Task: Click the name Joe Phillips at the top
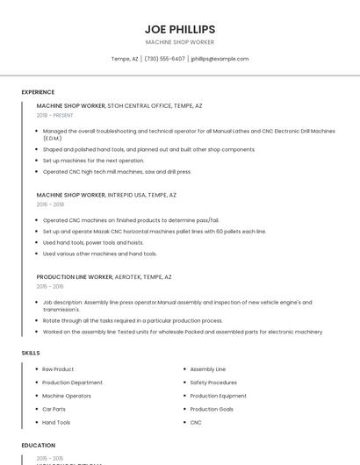coord(179,29)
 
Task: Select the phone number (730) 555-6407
coord(164,59)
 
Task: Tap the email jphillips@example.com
coord(220,59)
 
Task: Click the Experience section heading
coord(38,92)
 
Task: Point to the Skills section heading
coord(31,353)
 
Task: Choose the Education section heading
coord(38,446)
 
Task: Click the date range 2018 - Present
coord(55,116)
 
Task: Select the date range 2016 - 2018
coord(50,204)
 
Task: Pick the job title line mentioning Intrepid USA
coord(106,195)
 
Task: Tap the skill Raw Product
coord(58,369)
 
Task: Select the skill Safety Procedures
coord(213,383)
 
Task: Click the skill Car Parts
coord(54,409)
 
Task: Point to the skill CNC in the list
coord(196,422)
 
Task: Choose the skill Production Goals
coord(212,409)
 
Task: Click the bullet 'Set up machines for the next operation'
coord(93,161)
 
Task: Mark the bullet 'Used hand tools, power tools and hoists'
coord(101,242)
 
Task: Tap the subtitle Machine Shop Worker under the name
coord(179,42)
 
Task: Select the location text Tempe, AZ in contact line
coord(124,59)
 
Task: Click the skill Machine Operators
coord(67,396)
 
